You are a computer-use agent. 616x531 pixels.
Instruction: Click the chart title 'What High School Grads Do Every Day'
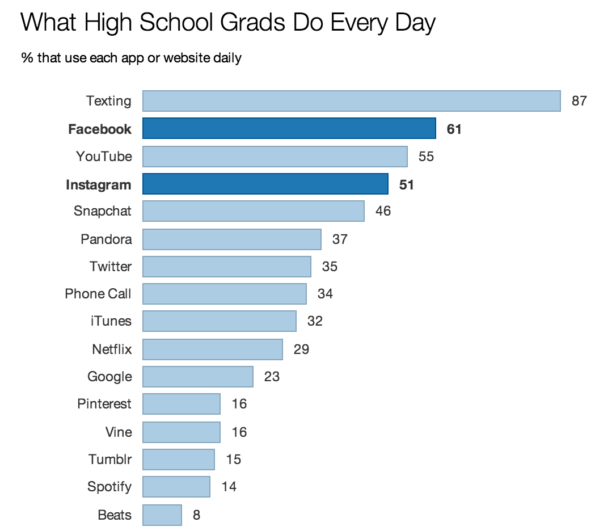pyautogui.click(x=228, y=23)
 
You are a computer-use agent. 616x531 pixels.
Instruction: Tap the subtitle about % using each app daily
pyautogui.click(x=132, y=58)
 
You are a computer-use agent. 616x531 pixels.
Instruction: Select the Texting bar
pyautogui.click(x=351, y=101)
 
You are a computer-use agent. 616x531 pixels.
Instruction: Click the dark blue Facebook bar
pyautogui.click(x=289, y=128)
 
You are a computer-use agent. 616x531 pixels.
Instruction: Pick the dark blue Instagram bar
pyautogui.click(x=265, y=184)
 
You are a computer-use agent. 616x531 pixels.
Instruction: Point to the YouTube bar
pyautogui.click(x=275, y=157)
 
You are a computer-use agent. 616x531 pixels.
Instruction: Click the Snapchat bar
pyautogui.click(x=253, y=211)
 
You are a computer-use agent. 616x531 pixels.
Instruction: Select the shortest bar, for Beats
pyautogui.click(x=162, y=515)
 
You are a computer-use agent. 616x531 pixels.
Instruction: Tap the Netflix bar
pyautogui.click(x=212, y=349)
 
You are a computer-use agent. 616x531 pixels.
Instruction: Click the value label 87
pyautogui.click(x=579, y=102)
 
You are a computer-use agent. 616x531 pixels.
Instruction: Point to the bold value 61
pyautogui.click(x=454, y=129)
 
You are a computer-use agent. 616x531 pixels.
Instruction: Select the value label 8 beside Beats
pyautogui.click(x=196, y=516)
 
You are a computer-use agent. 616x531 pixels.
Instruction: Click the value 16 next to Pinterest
pyautogui.click(x=239, y=404)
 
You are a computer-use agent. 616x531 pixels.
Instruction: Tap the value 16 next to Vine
pyautogui.click(x=239, y=432)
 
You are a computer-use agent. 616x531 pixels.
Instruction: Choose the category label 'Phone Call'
pyautogui.click(x=98, y=294)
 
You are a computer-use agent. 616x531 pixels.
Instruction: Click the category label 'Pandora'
pyautogui.click(x=106, y=239)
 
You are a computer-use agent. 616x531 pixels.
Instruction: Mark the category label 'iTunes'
pyautogui.click(x=111, y=321)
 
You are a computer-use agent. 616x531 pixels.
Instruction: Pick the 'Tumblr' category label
pyautogui.click(x=110, y=460)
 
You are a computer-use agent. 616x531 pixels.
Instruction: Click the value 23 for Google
pyautogui.click(x=272, y=377)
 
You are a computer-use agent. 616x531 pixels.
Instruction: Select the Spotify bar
pyautogui.click(x=176, y=487)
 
